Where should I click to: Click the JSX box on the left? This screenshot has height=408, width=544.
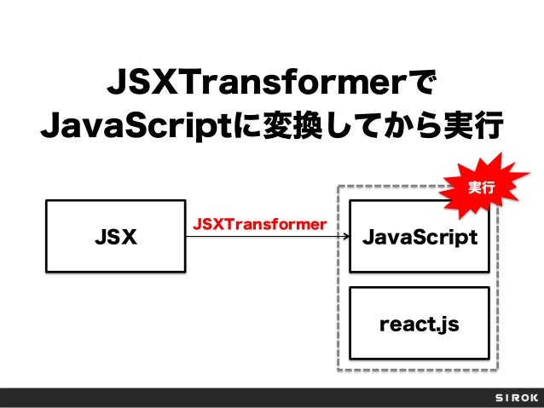(115, 236)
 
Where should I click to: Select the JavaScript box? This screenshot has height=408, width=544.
(420, 236)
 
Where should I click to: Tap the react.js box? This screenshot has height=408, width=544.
(420, 325)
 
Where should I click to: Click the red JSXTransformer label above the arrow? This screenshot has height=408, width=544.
(259, 223)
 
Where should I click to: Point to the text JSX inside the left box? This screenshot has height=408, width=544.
(115, 236)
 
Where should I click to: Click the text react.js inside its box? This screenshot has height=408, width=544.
(420, 325)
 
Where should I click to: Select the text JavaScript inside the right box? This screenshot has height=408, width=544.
(420, 236)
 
